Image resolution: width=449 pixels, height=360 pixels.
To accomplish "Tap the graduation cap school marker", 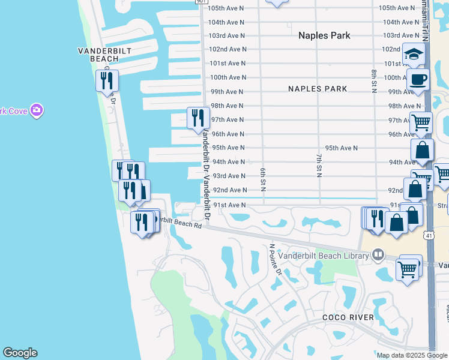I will pyautogui.click(x=414, y=55).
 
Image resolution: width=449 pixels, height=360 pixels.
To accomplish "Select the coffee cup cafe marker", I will pyautogui.click(x=418, y=80).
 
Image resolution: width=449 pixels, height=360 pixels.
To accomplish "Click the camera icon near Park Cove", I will pyautogui.click(x=37, y=110).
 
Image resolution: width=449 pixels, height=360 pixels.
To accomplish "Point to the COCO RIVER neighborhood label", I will pyautogui.click(x=348, y=317).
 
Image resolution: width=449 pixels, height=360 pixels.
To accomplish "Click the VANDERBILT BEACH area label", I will pyautogui.click(x=104, y=55).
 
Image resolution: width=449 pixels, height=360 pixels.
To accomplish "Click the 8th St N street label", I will pyautogui.click(x=373, y=82).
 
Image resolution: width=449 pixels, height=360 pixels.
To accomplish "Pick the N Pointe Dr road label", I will pyautogui.click(x=275, y=259).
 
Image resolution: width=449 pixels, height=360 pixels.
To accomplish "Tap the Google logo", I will pyautogui.click(x=20, y=353).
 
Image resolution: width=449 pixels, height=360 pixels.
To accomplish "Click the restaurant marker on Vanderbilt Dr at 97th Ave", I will pyautogui.click(x=198, y=118).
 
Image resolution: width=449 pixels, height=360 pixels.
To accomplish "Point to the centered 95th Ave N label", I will pyautogui.click(x=341, y=148).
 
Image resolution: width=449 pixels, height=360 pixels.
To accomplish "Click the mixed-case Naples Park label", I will pyautogui.click(x=324, y=35).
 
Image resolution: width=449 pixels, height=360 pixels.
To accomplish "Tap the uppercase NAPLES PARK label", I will pyautogui.click(x=318, y=89).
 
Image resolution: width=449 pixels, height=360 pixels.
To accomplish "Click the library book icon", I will pyautogui.click(x=378, y=256).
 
